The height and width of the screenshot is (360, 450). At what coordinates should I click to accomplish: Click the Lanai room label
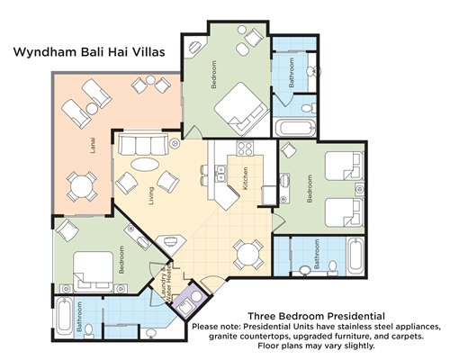[93, 146]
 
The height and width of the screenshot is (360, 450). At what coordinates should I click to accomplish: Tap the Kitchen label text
[246, 178]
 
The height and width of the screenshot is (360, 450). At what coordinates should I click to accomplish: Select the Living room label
[151, 196]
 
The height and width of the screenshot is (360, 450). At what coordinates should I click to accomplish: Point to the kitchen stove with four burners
[245, 148]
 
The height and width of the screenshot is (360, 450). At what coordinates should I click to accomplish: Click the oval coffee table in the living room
[145, 165]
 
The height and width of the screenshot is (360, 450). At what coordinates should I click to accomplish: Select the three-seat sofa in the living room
[143, 144]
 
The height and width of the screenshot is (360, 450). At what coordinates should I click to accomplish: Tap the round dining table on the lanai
[82, 186]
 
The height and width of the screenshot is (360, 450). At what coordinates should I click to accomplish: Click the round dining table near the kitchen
[248, 255]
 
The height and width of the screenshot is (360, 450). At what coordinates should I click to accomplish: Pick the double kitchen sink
[221, 174]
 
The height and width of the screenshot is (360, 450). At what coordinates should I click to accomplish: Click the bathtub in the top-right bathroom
[295, 128]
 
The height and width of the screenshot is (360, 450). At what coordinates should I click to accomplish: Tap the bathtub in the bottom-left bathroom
[64, 318]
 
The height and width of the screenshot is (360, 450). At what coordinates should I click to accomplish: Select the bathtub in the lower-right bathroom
[355, 255]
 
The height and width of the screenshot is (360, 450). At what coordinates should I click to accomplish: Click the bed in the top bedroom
[242, 109]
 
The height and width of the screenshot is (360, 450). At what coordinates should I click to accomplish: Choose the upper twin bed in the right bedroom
[344, 166]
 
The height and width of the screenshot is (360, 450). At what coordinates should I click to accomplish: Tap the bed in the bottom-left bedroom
[94, 272]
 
